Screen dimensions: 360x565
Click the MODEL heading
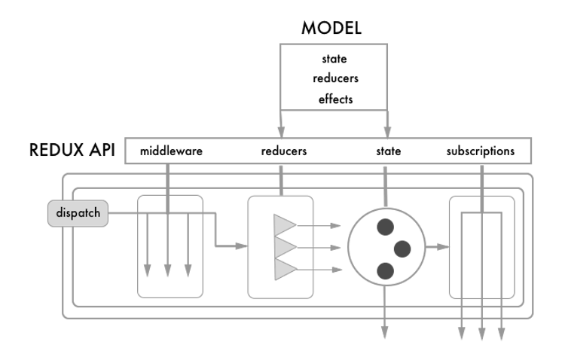coord(331,28)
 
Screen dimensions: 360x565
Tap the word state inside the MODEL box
coord(334,59)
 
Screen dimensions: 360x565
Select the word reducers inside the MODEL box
coord(334,78)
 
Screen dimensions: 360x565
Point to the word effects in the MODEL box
coord(334,99)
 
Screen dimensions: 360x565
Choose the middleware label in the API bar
coord(172,151)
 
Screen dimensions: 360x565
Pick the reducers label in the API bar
coord(284,151)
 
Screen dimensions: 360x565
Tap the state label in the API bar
coord(388,151)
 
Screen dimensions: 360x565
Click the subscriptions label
coord(480,151)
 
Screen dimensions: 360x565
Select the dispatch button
coord(78,214)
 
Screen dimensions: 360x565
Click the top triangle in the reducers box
coord(285,224)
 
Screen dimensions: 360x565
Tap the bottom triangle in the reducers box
coord(285,269)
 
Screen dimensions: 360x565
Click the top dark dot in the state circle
coord(386,225)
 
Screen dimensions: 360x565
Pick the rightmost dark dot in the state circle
coord(403,247)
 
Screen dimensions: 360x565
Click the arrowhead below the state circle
coord(385,328)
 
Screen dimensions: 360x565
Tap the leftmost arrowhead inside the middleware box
coord(148,269)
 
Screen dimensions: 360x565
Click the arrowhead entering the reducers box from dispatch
coord(243,246)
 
